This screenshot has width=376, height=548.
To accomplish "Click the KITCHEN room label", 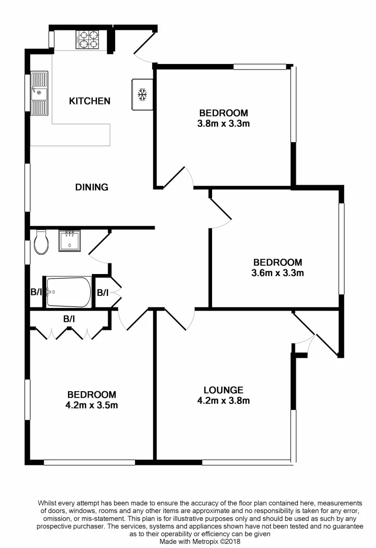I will pos(89,101).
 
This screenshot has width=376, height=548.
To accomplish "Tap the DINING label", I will pos(92,187).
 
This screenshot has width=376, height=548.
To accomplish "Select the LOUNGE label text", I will pos(223,390).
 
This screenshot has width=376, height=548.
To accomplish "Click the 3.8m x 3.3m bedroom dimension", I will pos(223,123).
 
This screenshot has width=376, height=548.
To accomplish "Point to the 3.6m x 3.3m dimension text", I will pos(278,273).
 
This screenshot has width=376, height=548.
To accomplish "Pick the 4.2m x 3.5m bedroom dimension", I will pos(92,405).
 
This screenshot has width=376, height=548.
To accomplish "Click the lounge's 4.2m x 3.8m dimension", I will pos(223,401).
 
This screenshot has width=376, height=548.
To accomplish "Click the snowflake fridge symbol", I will pos(143,95).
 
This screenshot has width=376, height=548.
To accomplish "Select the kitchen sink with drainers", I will pos(39,93).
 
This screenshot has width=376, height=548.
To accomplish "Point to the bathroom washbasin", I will pos(69,241).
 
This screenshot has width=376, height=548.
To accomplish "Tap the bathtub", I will pos(69,292).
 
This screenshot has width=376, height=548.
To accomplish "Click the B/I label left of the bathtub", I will pos(36,292).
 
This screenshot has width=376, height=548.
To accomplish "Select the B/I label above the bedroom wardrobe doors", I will pos(69,319).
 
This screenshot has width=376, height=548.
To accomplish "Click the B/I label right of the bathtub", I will pos(102,292).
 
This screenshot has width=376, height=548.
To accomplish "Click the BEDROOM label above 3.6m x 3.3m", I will pos(278,262).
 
